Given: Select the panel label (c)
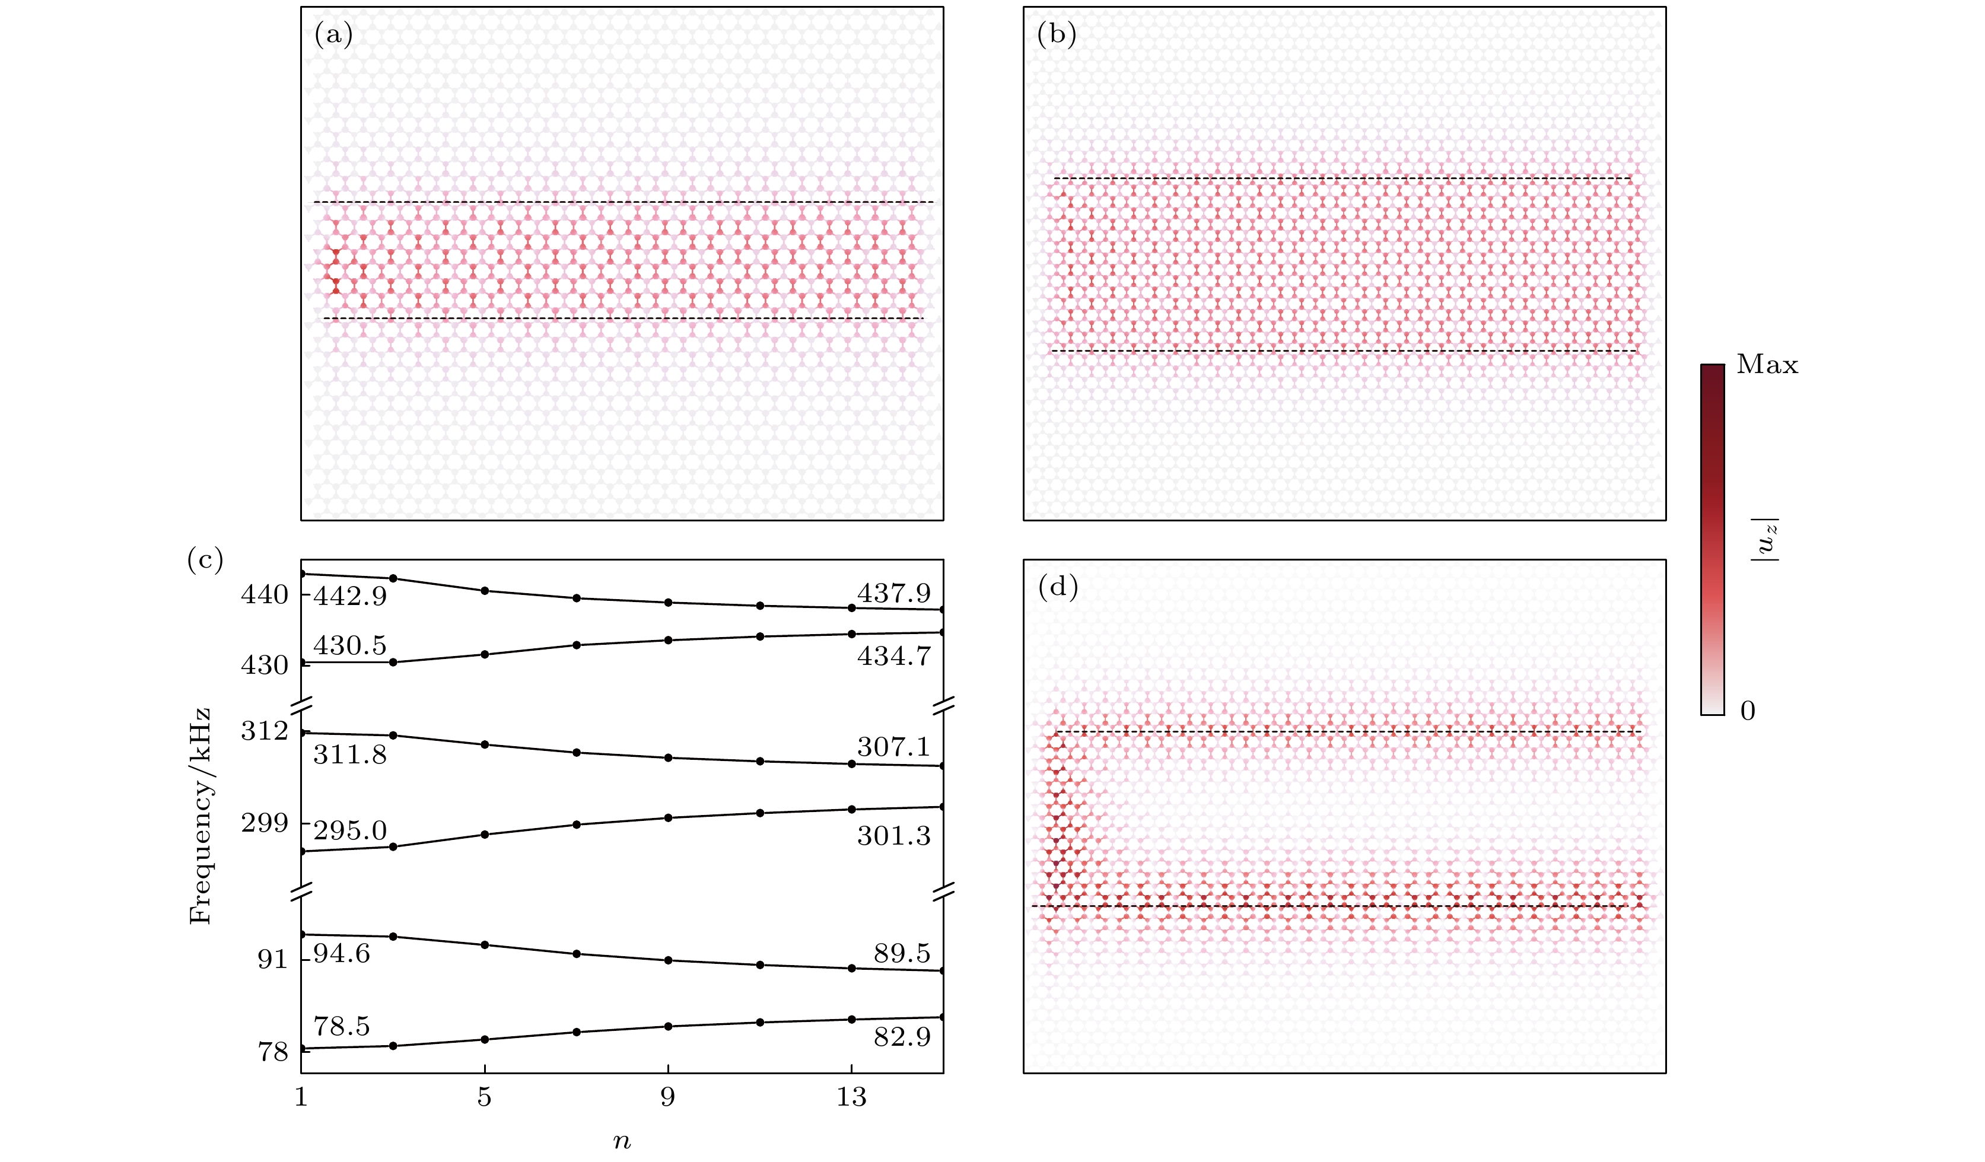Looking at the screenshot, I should pos(205,559).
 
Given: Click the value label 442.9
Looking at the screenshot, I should pos(350,596).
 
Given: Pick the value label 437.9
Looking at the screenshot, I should pos(893,593).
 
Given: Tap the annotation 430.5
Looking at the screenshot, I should pos(350,646).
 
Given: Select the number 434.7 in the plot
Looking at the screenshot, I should pos(893,656).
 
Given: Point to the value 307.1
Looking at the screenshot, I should pos(893,747).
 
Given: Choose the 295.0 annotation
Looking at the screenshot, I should pos(350,830).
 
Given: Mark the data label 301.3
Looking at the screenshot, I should pos(893,836).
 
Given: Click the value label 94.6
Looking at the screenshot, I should pos(341,954).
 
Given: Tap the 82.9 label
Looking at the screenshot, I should pos(901,1037).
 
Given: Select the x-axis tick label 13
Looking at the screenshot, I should pos(851,1097).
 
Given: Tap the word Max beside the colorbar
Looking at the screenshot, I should pos(1767,365).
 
